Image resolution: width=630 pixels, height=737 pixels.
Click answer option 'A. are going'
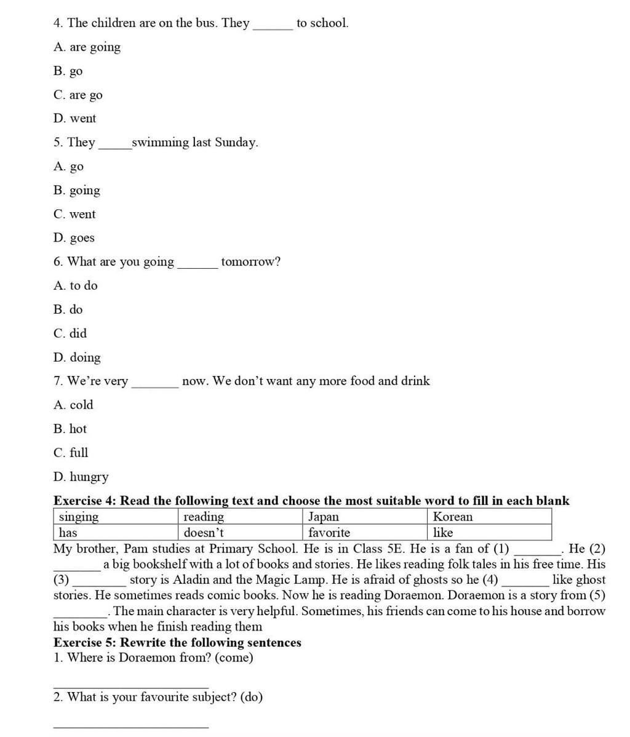tap(87, 47)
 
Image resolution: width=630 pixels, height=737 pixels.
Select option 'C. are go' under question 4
tap(78, 95)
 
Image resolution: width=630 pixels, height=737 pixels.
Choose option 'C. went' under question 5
tap(74, 215)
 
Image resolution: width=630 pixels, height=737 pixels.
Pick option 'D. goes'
tap(74, 238)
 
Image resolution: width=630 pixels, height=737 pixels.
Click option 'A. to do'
tap(76, 286)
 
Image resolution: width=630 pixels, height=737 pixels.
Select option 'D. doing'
tap(77, 357)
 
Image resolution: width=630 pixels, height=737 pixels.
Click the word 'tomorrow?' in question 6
tap(250, 262)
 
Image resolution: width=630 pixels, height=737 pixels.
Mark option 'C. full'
tap(71, 453)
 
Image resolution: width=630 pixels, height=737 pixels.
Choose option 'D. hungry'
tap(81, 477)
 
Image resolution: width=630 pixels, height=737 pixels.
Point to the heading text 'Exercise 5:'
tap(85, 643)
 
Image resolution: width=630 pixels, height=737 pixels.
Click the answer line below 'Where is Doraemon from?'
tap(130, 688)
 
